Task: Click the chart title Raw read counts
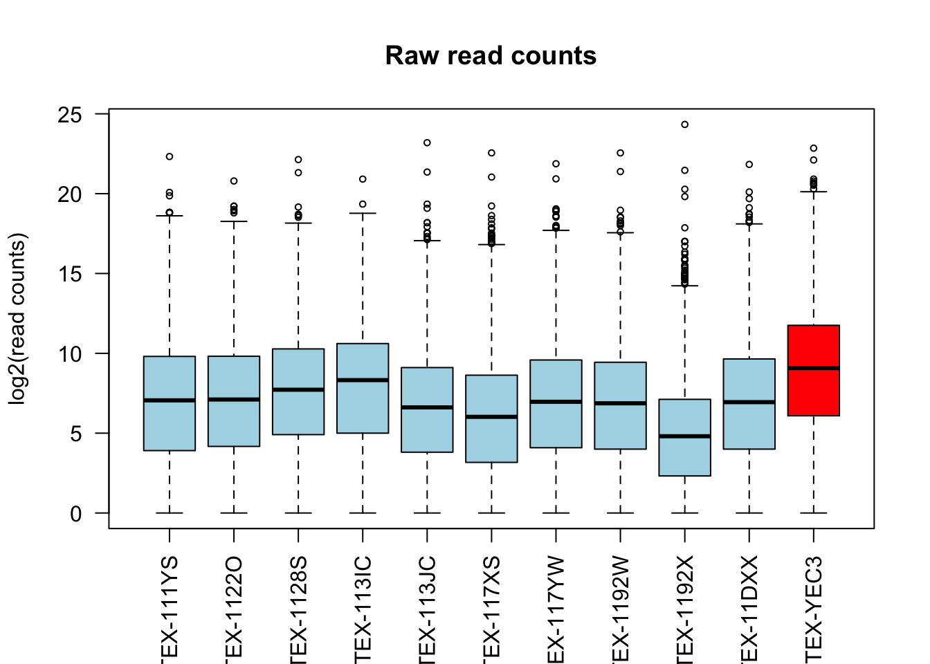pyautogui.click(x=491, y=55)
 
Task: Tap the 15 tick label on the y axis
pyautogui.click(x=70, y=274)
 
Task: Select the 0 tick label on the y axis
pyautogui.click(x=75, y=514)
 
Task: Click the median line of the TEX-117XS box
pyautogui.click(x=491, y=416)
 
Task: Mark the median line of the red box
pyautogui.click(x=813, y=368)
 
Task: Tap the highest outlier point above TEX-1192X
pyautogui.click(x=684, y=124)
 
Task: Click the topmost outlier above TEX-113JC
pyautogui.click(x=427, y=142)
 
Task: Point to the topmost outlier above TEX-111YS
pyautogui.click(x=170, y=156)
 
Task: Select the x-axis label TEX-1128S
pyautogui.click(x=298, y=609)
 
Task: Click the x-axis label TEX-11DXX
pyautogui.click(x=749, y=609)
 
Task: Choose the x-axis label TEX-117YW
pyautogui.click(x=556, y=609)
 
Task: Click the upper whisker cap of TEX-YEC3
pyautogui.click(x=813, y=192)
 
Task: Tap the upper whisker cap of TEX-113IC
pyautogui.click(x=363, y=213)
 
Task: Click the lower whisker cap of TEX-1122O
pyautogui.click(x=234, y=513)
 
